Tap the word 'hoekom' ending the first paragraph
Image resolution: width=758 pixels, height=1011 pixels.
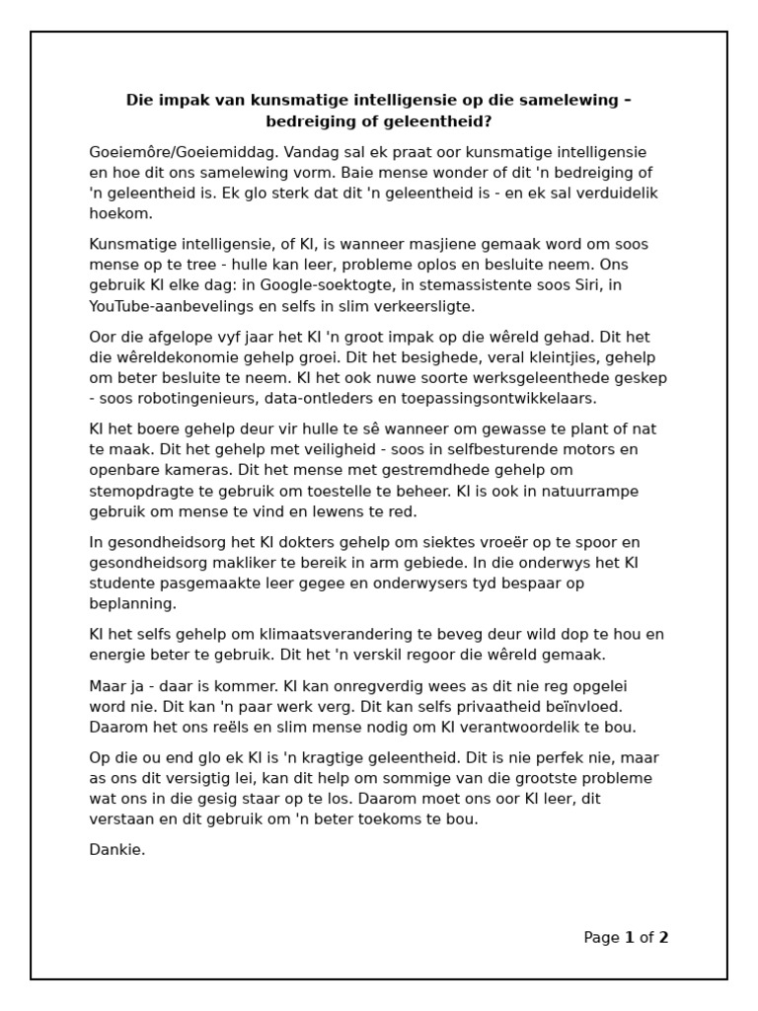[x=119, y=213]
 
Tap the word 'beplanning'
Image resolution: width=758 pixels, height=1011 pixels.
[x=132, y=603]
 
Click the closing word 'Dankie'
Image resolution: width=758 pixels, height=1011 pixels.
[x=116, y=850]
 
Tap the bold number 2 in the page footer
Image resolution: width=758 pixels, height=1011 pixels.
[x=663, y=938]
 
